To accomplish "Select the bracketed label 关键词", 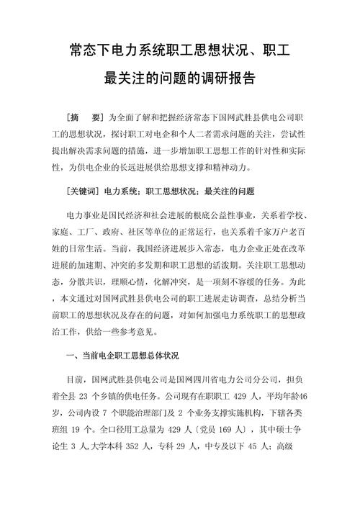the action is (x=83, y=192).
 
